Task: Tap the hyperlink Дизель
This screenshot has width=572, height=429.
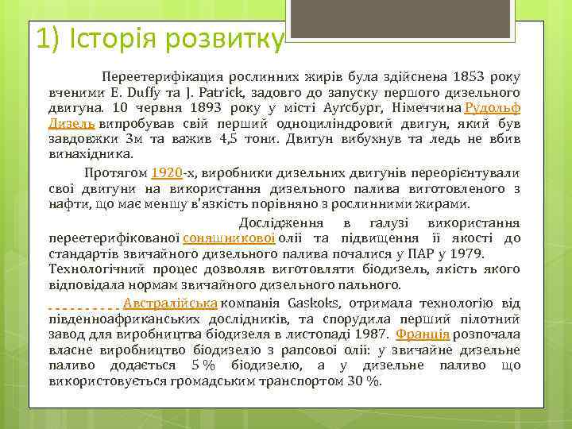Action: pos(72,124)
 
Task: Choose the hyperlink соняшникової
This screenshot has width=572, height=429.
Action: pos(230,238)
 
